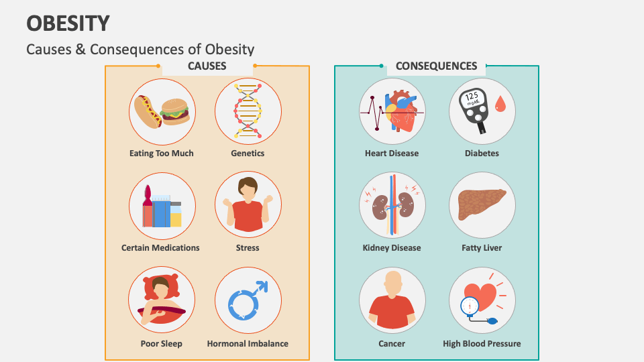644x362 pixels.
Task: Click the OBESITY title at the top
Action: coord(68,23)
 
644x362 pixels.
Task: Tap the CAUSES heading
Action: coord(207,66)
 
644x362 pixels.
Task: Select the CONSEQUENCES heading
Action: coord(436,66)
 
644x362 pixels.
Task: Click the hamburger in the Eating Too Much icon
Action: coord(175,111)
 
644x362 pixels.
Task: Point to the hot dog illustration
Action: coord(146,111)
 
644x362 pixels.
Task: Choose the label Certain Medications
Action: coord(160,248)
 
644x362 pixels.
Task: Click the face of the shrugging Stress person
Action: coord(248,190)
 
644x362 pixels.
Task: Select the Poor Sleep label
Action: coord(161,344)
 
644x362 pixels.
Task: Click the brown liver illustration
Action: coord(481,204)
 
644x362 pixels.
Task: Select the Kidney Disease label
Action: coord(392,248)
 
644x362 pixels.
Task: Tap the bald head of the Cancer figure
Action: coord(392,282)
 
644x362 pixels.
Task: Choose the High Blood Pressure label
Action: coord(482,344)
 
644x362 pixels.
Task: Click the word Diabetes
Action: coord(482,154)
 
